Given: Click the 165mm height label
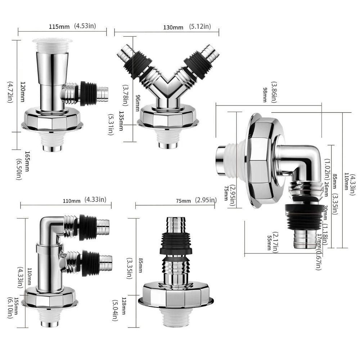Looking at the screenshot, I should coord(27,161).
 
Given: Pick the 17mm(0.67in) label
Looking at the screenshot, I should coord(318,251).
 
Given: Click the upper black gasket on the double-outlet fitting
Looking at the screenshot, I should coord(87,227).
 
